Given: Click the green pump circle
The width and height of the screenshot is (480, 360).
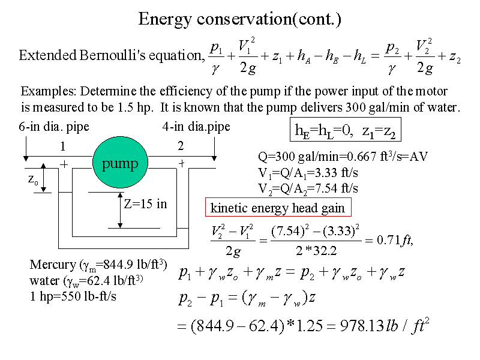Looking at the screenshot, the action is coord(120,162).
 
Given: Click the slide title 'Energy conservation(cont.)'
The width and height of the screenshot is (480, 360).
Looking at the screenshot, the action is coord(239,19).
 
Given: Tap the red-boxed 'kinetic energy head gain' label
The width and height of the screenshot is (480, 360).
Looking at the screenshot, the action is coord(278,207).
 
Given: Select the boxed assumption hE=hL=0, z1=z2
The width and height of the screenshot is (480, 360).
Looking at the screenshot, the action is coord(346,130).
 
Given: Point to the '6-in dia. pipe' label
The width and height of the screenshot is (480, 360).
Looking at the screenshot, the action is coord(54,127).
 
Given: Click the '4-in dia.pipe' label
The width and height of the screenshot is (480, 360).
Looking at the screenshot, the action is coord(196,127).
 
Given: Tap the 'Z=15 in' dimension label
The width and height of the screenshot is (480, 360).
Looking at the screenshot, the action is coord(145,204).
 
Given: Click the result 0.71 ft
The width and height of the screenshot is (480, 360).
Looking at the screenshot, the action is coord(395,241).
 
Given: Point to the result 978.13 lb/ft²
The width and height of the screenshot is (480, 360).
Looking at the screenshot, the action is coord(385,325).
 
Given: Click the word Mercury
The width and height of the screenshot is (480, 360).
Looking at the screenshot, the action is coord(53,265).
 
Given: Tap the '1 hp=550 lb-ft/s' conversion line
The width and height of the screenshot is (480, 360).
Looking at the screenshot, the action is coord(73,296).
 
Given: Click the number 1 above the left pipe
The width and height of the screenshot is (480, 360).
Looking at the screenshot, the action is coord(63,146).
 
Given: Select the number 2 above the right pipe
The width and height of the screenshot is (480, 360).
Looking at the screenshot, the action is coord(181,146).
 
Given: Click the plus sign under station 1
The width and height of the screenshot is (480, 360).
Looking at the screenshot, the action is coord(64,164).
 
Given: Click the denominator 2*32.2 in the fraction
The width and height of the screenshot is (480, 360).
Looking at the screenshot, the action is coord(316,251).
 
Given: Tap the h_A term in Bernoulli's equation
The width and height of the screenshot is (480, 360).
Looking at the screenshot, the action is coord(304,56).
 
